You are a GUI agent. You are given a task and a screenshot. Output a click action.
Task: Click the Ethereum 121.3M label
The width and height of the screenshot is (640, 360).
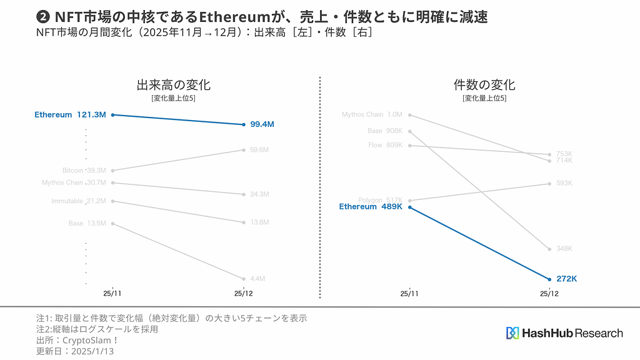(x=70, y=115)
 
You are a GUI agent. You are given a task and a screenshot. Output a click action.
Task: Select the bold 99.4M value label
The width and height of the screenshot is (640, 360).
(x=261, y=124)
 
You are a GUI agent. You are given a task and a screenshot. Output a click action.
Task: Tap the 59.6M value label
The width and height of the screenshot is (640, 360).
(x=259, y=150)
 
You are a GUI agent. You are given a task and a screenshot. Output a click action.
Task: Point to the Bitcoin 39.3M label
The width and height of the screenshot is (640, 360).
(x=84, y=170)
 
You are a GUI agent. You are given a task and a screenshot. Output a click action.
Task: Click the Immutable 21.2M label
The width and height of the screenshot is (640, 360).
(x=78, y=201)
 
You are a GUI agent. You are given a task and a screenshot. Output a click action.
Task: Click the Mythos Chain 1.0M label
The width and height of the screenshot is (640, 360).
(x=372, y=114)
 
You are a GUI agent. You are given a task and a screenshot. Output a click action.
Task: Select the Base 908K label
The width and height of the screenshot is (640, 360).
(x=384, y=131)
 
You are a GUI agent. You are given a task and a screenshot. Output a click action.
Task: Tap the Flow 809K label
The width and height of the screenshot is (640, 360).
(x=385, y=145)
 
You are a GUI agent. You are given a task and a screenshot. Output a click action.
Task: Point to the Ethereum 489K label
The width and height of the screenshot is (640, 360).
(x=371, y=207)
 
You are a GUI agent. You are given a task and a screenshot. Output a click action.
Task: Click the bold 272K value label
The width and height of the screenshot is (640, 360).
(x=566, y=279)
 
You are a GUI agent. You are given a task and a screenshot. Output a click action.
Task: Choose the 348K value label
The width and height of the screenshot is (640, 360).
(x=564, y=249)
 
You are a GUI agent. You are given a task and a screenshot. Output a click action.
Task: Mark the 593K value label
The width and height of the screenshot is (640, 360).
(x=564, y=183)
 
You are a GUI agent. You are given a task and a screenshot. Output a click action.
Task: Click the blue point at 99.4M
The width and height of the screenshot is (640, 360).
(x=244, y=124)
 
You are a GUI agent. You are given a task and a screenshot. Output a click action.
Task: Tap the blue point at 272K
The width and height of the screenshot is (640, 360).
(x=549, y=279)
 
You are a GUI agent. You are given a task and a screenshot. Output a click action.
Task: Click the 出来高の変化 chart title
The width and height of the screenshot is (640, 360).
(x=173, y=86)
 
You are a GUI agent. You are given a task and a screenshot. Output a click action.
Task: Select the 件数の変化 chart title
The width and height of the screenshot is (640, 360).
(x=484, y=86)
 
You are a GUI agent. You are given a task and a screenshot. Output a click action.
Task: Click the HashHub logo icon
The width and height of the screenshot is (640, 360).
(x=512, y=333)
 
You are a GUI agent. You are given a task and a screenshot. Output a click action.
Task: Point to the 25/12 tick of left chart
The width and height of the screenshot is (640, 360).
(x=244, y=293)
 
